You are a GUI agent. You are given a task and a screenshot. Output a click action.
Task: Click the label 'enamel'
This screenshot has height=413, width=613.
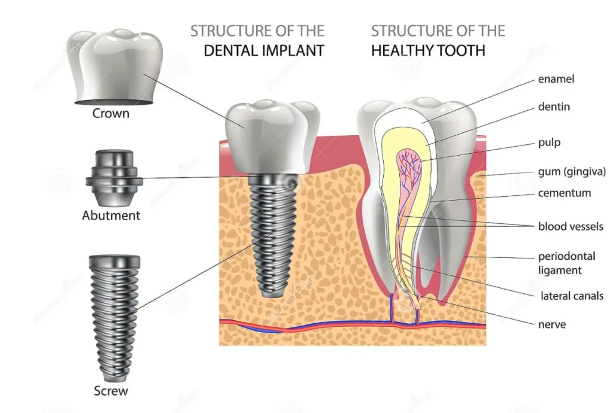pyautogui.click(x=557, y=79)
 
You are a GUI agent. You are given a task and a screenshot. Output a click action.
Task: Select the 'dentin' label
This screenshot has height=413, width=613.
pyautogui.click(x=554, y=107)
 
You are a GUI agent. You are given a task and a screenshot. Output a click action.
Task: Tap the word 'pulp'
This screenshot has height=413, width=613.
pyautogui.click(x=550, y=143)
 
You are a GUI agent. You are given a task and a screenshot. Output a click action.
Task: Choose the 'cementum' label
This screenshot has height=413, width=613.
pyautogui.click(x=565, y=193)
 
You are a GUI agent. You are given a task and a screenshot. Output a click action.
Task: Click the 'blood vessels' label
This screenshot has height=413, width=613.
pyautogui.click(x=570, y=226)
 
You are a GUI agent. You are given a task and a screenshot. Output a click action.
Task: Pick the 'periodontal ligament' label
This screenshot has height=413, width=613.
pyautogui.click(x=567, y=263)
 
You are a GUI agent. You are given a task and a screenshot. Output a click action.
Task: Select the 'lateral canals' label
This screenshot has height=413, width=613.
pyautogui.click(x=572, y=296)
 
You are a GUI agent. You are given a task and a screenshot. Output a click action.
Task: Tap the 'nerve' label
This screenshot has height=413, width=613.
pyautogui.click(x=552, y=324)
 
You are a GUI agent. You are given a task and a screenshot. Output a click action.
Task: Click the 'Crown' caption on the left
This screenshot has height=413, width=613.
pyautogui.click(x=111, y=113)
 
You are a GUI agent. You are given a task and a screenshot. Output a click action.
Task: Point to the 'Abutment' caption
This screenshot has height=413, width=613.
pyautogui.click(x=111, y=215)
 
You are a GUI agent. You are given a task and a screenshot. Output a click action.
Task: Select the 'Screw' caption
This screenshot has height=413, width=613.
pyautogui.click(x=111, y=391)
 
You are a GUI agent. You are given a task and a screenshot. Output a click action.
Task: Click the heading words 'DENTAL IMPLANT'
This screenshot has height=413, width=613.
pyautogui.click(x=264, y=50)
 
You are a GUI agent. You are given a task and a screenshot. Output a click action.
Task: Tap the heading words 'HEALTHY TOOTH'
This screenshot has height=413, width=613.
pyautogui.click(x=428, y=50)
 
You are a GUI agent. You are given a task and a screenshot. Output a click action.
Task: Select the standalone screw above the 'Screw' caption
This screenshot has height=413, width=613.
pyautogui.click(x=114, y=317)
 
